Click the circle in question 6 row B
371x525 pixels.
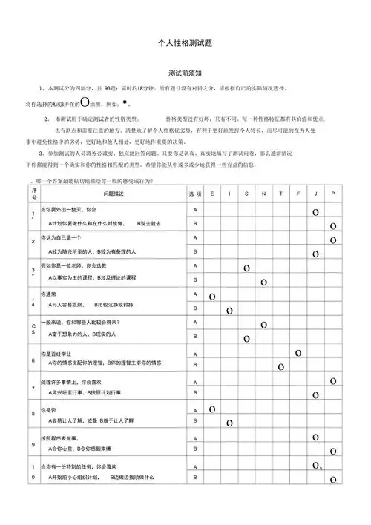(x=281, y=366)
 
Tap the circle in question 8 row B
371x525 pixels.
(x=229, y=423)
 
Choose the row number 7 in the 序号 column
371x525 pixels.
(x=33, y=389)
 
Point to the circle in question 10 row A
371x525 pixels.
(x=316, y=466)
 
